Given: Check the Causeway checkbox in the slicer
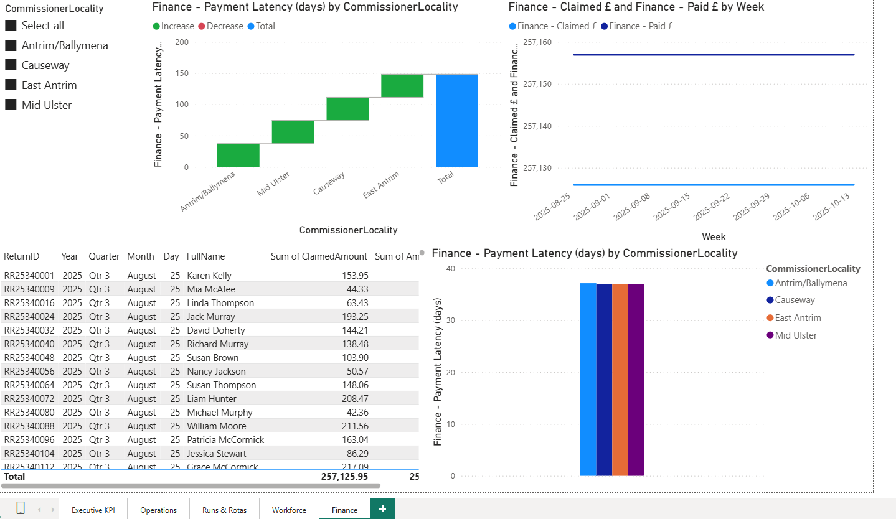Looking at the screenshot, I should [11, 65].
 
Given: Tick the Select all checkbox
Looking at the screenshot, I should [11, 26].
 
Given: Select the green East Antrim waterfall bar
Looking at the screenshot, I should [402, 86].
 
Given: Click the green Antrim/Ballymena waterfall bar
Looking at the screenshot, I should [238, 155].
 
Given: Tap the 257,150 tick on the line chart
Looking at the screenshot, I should [539, 84].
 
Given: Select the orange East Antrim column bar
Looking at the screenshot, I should [620, 380].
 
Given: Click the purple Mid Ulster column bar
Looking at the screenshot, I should [636, 380].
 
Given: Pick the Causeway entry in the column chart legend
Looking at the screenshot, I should [795, 300].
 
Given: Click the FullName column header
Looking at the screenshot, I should [205, 256].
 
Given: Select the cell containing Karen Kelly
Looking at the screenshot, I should [209, 276].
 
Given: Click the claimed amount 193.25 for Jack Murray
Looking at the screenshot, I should [355, 317].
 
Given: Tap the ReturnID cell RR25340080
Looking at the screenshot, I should [29, 413].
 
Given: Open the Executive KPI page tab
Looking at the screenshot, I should [93, 510].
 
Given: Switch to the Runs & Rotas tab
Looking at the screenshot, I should [224, 510].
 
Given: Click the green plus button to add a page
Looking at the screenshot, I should [382, 509].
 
